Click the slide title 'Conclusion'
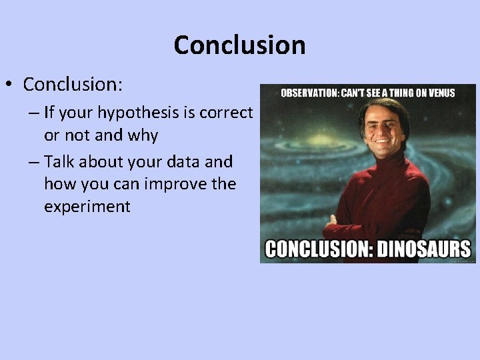pos(239,45)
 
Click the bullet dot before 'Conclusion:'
pos(11,85)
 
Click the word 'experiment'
pos(87,206)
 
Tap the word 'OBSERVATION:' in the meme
pos(309,93)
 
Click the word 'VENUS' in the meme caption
pos(439,93)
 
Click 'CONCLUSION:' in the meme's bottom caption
pos(318,249)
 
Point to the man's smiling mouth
pos(385,141)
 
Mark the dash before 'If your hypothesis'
pos(33,113)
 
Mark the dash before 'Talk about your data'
pos(33,162)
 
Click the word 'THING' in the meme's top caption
pos(395,93)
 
